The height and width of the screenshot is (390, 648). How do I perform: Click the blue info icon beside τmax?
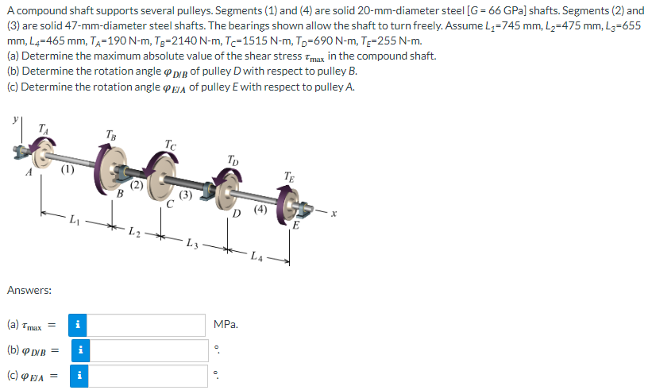pos(78,325)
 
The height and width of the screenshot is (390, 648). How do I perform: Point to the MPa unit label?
pos(226,325)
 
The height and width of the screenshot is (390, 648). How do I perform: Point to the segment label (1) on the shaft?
pos(68,168)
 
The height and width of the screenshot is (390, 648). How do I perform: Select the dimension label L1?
pos(74,219)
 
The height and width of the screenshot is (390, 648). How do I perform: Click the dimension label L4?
pos(255,256)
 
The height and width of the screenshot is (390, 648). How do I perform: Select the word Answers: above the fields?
pos(29,291)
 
